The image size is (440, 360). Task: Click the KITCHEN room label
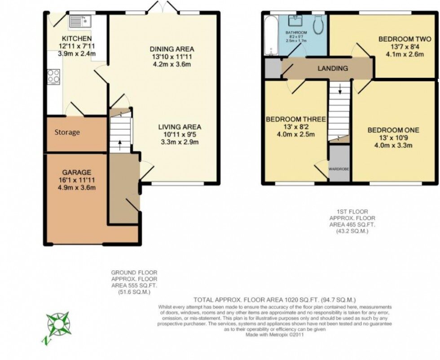[x=77, y=39]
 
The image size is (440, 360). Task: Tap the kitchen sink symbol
[x=80, y=21]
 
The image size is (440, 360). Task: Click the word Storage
[x=67, y=132]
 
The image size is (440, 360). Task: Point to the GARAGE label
[x=77, y=172]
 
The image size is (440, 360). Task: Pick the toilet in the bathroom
[x=319, y=25]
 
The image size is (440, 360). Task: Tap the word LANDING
[x=333, y=68]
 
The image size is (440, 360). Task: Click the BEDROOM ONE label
[x=393, y=130]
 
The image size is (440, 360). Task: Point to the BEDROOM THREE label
[x=295, y=119]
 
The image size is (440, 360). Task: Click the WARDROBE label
[x=339, y=169]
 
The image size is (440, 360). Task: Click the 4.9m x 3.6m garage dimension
[x=77, y=187]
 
